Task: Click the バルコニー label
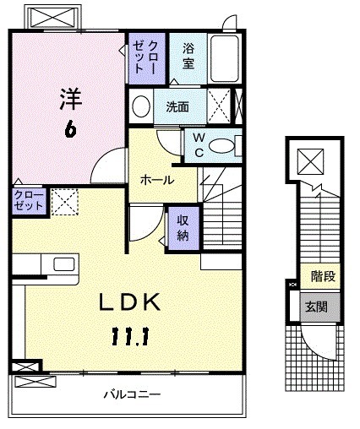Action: [x=133, y=394]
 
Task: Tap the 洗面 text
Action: [x=177, y=107]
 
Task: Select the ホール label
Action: [x=156, y=180]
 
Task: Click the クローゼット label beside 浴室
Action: [x=141, y=56]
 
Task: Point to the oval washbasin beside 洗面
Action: [x=141, y=107]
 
